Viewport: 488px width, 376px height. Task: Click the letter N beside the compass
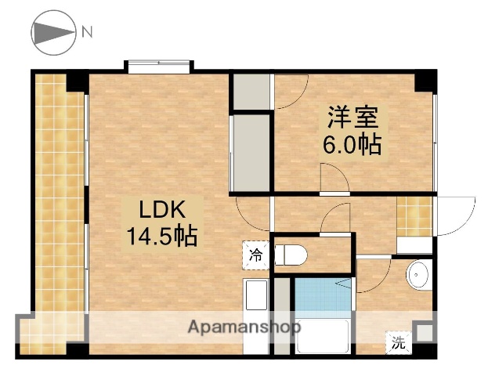(88, 32)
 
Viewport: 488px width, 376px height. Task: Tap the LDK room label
(161, 210)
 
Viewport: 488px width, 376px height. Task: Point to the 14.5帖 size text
(163, 234)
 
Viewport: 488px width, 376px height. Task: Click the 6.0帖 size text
(352, 145)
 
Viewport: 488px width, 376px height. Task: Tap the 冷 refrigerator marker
(255, 254)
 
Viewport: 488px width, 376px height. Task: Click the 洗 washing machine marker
(399, 342)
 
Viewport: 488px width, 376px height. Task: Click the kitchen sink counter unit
(257, 302)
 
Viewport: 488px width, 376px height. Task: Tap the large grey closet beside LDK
(250, 154)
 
